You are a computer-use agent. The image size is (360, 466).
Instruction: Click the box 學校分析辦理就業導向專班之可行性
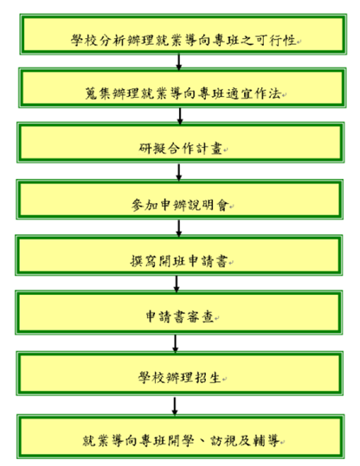coord(183,35)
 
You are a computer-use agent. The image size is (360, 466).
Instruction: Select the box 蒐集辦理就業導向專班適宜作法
coord(183,88)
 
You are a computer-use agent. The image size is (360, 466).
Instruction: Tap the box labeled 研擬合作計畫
coord(181,143)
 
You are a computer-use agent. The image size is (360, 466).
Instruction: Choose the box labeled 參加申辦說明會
coord(180,200)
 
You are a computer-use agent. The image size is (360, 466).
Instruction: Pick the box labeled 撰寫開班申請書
coord(179,255)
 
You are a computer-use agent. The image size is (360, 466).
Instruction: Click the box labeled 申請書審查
coord(179,312)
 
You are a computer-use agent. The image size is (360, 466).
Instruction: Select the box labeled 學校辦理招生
coord(180,373)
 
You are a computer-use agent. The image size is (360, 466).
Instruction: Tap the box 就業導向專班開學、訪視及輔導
coord(181,437)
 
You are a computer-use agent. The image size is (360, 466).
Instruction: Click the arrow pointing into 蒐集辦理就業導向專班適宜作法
coord(179,61)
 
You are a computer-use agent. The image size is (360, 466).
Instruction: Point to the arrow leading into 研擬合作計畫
coord(180,116)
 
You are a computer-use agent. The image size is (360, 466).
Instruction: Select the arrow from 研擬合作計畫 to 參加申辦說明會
coord(178,172)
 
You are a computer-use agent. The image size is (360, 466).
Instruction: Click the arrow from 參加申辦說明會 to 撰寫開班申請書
coord(178,228)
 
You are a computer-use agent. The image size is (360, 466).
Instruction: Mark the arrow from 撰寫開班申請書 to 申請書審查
coord(177,284)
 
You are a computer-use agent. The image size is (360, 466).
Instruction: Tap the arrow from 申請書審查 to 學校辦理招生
coord(175,343)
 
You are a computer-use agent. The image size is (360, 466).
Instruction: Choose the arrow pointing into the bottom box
coord(175,406)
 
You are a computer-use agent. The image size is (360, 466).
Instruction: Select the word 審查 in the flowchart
coord(201,316)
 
